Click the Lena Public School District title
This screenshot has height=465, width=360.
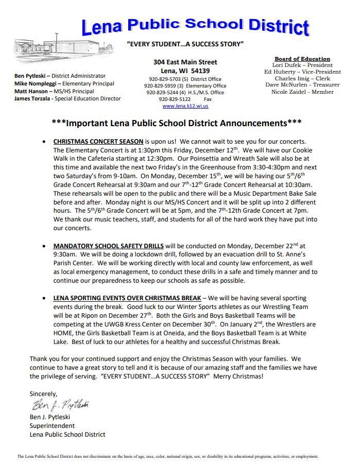click(x=196, y=26)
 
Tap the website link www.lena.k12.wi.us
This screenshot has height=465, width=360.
click(x=185, y=106)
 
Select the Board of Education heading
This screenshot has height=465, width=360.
click(x=302, y=59)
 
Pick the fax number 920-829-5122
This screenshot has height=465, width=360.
click(x=175, y=99)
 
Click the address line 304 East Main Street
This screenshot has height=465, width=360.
click(x=185, y=62)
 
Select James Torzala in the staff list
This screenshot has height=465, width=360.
click(x=32, y=98)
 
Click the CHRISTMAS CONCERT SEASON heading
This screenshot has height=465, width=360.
click(x=98, y=141)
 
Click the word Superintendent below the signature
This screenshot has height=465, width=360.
click(x=52, y=426)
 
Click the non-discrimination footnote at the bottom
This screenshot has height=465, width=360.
click(x=168, y=456)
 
